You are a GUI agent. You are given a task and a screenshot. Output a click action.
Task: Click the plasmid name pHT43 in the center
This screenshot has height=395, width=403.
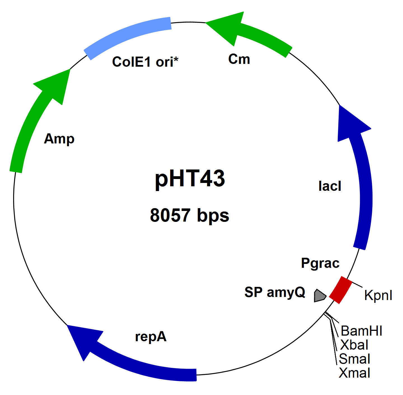[190, 179]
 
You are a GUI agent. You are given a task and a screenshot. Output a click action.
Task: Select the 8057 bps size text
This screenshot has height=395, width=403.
[189, 215]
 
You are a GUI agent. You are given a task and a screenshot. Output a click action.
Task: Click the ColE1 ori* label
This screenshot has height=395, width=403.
[145, 62]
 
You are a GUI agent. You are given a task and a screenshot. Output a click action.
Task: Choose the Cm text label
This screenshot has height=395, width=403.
[239, 59]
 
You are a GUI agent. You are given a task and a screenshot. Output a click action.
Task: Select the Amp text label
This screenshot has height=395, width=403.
[59, 139]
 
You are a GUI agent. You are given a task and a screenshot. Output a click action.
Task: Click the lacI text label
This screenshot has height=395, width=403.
[330, 186]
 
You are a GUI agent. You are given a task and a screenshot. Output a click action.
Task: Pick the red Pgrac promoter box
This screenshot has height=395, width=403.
[340, 290]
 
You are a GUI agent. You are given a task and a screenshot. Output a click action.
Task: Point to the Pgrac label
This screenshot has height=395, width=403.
[320, 263]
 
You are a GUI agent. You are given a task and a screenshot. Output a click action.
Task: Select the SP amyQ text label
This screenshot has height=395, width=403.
[275, 292]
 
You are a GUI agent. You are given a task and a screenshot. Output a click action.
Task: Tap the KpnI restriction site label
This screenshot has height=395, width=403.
[378, 295]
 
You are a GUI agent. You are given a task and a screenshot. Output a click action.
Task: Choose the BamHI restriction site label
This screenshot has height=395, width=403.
[361, 331]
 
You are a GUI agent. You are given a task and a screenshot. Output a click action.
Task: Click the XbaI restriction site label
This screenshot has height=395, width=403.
[354, 345]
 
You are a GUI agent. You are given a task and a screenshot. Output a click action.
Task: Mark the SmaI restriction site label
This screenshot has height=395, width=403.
[354, 359]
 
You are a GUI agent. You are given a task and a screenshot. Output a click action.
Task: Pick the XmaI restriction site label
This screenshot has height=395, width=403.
[354, 373]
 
